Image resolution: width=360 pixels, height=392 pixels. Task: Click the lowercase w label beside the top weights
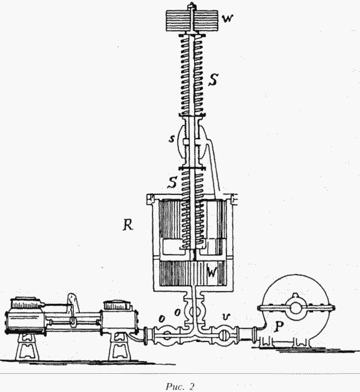[228, 19]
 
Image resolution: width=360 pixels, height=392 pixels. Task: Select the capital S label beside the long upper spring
[213, 80]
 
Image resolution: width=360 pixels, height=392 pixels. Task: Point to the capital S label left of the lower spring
[173, 183]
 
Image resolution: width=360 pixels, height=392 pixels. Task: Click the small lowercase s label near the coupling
[171, 139]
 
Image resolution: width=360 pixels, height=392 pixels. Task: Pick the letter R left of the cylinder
[128, 225]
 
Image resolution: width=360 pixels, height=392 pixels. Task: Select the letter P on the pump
[278, 327]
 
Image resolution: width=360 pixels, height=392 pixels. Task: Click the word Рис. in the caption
[174, 387]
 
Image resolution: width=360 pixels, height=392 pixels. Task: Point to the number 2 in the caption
[191, 387]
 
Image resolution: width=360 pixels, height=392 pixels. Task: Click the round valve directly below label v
[223, 336]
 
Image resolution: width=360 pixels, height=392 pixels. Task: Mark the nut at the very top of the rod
[192, 5]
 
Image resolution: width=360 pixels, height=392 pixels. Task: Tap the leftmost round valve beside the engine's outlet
[166, 336]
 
